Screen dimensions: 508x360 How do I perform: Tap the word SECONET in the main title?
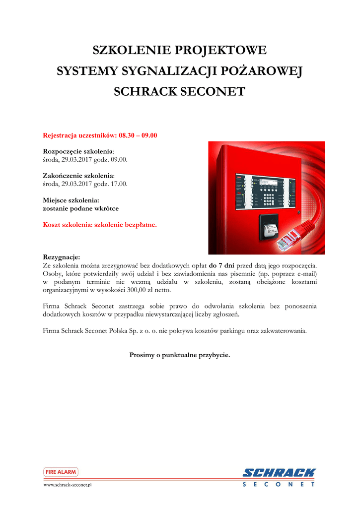215,92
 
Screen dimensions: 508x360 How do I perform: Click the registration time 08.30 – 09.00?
138,135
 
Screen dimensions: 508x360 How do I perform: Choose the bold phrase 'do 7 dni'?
221,265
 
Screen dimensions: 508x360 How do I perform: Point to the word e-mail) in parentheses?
305,273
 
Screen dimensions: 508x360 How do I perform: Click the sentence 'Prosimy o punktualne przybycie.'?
180,355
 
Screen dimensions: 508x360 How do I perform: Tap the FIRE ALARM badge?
61,472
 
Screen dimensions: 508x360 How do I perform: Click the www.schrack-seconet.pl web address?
68,485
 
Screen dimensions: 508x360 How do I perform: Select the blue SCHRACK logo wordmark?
279,473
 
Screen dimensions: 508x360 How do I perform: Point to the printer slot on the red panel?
268,229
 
